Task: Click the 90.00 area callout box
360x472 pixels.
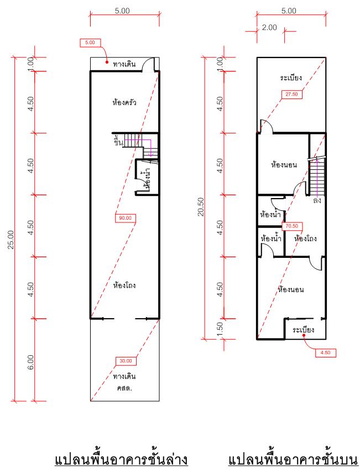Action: pyautogui.click(x=126, y=218)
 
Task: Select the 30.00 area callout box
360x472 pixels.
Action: pyautogui.click(x=126, y=361)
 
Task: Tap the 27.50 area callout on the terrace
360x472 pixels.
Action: pyautogui.click(x=291, y=94)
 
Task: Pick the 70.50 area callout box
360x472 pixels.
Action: pyautogui.click(x=292, y=226)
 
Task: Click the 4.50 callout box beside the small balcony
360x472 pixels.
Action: pyautogui.click(x=325, y=352)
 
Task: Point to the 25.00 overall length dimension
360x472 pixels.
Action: pyautogui.click(x=11, y=240)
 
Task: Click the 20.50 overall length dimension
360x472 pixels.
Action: pyautogui.click(x=201, y=206)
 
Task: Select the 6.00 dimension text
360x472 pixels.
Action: pyautogui.click(x=30, y=362)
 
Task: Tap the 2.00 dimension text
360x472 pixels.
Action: pyautogui.click(x=269, y=28)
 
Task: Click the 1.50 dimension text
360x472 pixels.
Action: pyautogui.click(x=220, y=330)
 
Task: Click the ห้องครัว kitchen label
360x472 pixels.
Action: pyautogui.click(x=124, y=102)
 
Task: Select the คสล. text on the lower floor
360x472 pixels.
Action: pyautogui.click(x=124, y=388)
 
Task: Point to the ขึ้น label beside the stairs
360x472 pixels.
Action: pyautogui.click(x=118, y=141)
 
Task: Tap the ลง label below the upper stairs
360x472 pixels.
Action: pyautogui.click(x=317, y=200)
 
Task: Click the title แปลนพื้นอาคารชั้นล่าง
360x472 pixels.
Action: pyautogui.click(x=122, y=460)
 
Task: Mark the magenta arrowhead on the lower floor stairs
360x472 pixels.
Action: pyautogui.click(x=150, y=154)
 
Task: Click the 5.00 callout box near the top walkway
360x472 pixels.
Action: pyautogui.click(x=90, y=43)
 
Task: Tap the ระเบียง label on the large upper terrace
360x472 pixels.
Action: pyautogui.click(x=291, y=77)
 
